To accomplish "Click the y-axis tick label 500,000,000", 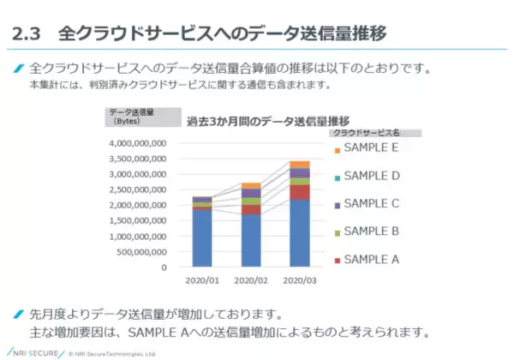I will coord(142,251).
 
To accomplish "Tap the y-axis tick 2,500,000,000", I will coord(136,189).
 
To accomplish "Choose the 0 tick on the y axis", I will coord(163,267).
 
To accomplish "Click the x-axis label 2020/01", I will coord(202,280).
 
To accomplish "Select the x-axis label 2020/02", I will coord(251,280).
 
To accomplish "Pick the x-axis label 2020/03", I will coord(300,280).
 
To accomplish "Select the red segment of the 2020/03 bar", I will coord(300,192).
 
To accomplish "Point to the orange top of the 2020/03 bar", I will coord(300,164).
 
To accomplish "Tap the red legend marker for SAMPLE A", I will coord(338,260).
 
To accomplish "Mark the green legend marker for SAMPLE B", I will coord(338,232).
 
